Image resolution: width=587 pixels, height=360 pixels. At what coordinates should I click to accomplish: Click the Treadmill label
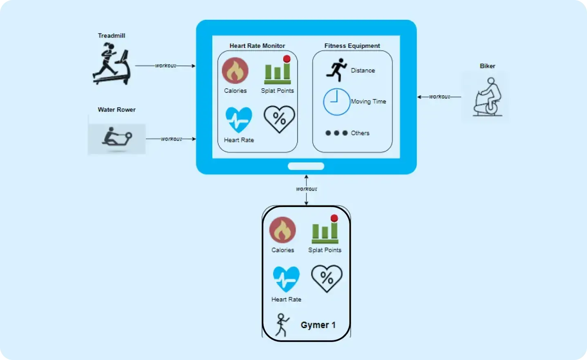coord(112,36)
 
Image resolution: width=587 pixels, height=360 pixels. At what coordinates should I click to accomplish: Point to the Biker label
coord(487,66)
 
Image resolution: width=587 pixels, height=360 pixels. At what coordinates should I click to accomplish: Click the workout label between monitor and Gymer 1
coord(307,189)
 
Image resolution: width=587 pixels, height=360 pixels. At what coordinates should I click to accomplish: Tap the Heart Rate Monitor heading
coord(257,46)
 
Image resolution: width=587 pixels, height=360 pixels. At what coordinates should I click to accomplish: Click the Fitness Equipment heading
coord(352,46)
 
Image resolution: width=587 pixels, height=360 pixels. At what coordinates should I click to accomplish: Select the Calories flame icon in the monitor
coord(235,71)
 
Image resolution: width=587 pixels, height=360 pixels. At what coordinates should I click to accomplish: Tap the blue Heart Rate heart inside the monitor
coord(239,120)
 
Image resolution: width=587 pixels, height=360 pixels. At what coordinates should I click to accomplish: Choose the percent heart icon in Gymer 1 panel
coord(327,278)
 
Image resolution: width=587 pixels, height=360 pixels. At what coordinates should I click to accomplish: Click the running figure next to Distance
coord(336,70)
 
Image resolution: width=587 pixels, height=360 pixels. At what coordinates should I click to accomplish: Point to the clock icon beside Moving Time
coord(336,101)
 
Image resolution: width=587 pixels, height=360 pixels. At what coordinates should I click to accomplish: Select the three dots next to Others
coord(336,133)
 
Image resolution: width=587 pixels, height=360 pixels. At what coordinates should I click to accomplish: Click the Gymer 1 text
coord(318,325)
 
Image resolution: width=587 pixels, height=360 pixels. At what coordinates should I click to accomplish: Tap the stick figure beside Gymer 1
coord(282,325)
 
